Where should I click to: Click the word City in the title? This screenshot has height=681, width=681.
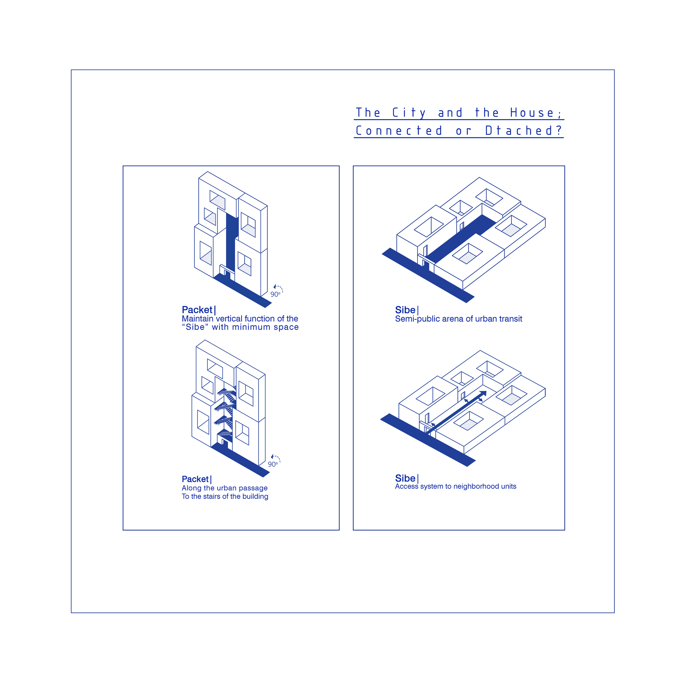[409, 113]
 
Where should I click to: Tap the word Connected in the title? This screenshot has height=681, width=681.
[399, 131]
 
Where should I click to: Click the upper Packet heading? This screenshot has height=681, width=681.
[197, 310]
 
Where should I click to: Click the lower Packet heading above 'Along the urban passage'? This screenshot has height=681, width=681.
[195, 479]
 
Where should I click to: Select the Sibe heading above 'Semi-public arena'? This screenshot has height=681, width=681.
[405, 310]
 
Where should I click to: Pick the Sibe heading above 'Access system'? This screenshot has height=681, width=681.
[405, 478]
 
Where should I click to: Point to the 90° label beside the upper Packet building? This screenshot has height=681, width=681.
[275, 294]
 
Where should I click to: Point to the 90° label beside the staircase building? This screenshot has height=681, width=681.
[273, 464]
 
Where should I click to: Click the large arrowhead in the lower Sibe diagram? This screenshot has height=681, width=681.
[483, 394]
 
